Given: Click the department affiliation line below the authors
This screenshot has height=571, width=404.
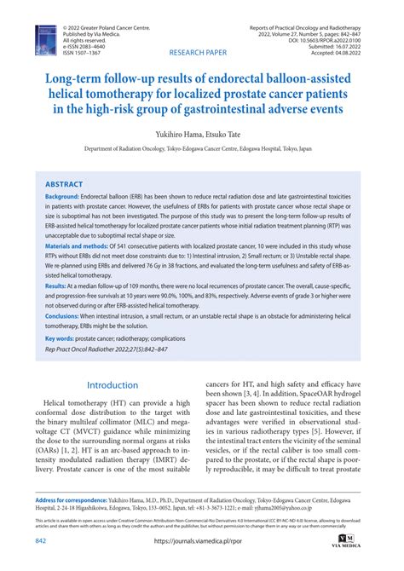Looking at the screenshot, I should (202, 147).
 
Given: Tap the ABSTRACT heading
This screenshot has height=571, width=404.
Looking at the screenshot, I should (64, 183).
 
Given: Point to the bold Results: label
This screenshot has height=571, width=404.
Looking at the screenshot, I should (59, 287).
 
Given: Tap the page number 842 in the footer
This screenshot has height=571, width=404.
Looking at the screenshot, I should (40, 541).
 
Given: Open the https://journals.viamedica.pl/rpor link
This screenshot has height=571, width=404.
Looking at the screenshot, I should (202, 541).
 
